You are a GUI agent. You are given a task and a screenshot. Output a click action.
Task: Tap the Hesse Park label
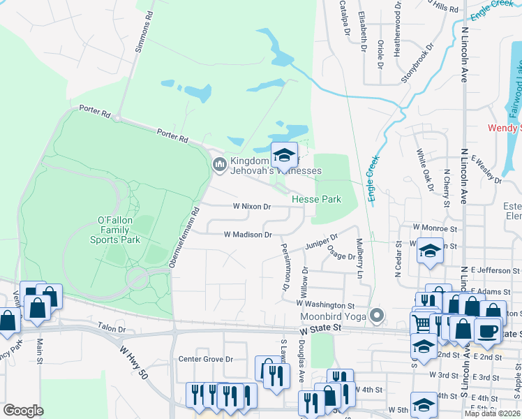tap(316, 199)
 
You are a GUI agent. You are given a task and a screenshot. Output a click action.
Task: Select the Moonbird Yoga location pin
tap(378, 316)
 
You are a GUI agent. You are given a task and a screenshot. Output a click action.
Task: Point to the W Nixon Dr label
tap(251, 206)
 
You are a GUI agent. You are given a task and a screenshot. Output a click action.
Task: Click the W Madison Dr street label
tap(248, 235)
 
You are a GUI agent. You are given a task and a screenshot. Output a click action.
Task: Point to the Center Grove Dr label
tap(205, 359)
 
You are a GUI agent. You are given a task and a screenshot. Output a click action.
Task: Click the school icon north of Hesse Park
tap(284, 154)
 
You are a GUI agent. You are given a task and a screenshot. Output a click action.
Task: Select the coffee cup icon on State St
tap(487, 330)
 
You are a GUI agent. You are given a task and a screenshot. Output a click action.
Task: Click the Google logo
tap(23, 411)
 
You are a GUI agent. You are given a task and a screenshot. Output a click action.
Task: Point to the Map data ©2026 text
tap(493, 413)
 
